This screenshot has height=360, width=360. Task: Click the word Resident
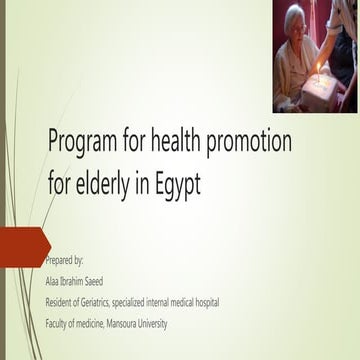[62, 301]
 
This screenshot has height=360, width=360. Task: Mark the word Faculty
[60, 323]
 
